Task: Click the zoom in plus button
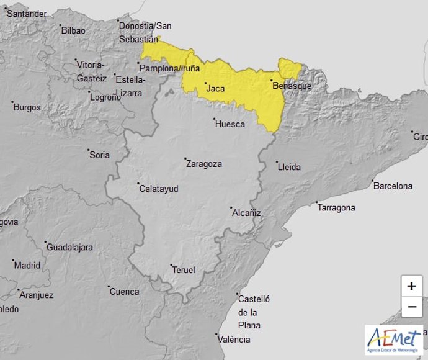coord(411,286)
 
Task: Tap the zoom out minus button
coord(411,307)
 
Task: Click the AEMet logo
coord(393,340)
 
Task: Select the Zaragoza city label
coord(205,164)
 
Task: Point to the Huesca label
coord(230,124)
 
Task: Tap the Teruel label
coord(184,270)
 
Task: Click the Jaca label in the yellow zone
coord(215,88)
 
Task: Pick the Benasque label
coord(292,86)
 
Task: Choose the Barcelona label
coord(393,186)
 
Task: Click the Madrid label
coord(27,265)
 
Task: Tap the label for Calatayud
coord(159,187)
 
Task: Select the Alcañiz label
coord(246,212)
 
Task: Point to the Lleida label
coord(289,167)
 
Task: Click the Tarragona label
coord(336,207)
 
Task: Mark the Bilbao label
coord(73,30)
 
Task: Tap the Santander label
coord(27,13)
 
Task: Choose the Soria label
coord(99,155)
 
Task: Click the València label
coord(234,339)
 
